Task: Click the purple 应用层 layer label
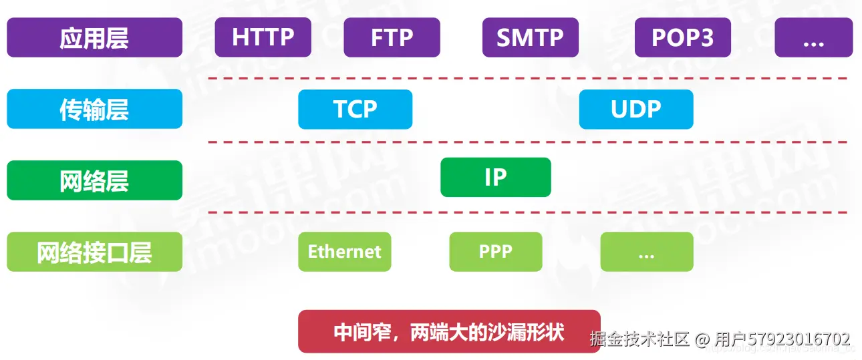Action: pos(94,37)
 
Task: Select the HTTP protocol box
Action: pos(263,37)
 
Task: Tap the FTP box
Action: pos(392,37)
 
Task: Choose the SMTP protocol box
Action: pos(530,37)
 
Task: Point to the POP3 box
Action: pos(682,37)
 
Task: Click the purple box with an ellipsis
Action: pos(813,37)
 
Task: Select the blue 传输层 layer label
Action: pos(94,109)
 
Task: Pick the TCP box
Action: pos(355,109)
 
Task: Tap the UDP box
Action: pos(635,109)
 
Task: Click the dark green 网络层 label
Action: pos(94,180)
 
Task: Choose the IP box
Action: pos(495,177)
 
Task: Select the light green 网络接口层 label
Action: pos(94,252)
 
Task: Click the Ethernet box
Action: pos(344,252)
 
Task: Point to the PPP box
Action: pos(495,252)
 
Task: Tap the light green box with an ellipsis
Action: pos(646,252)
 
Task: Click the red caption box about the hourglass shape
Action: pos(449,331)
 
